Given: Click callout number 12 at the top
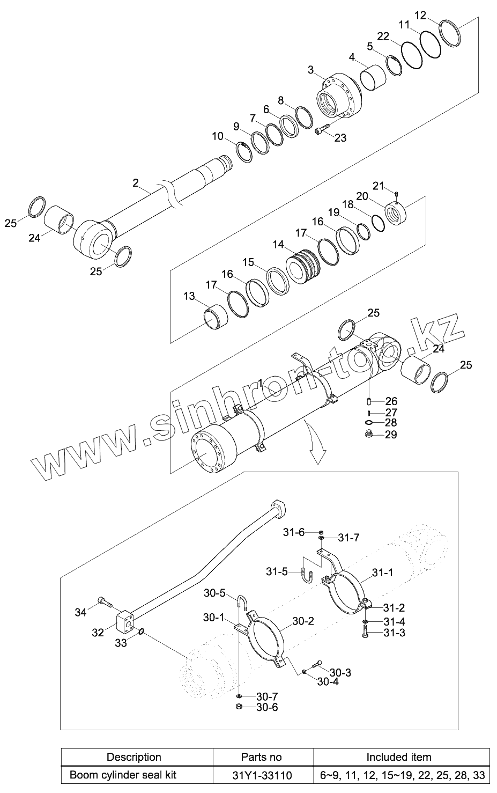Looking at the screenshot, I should [x=421, y=16].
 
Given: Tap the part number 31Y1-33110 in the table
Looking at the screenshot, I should [x=261, y=775].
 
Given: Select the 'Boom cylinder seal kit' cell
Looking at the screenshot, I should [x=123, y=775].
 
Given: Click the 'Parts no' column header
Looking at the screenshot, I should [x=261, y=757].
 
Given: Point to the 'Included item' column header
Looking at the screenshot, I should [x=398, y=757].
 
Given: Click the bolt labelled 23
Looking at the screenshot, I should [x=321, y=130].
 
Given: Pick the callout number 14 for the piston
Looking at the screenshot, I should [x=278, y=245].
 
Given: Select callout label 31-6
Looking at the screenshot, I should [x=294, y=532].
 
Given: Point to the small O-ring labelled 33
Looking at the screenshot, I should [x=141, y=632].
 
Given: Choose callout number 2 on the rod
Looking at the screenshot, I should [x=135, y=183].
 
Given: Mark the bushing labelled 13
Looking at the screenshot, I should [x=217, y=317].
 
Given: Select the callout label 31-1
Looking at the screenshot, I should [x=383, y=573].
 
